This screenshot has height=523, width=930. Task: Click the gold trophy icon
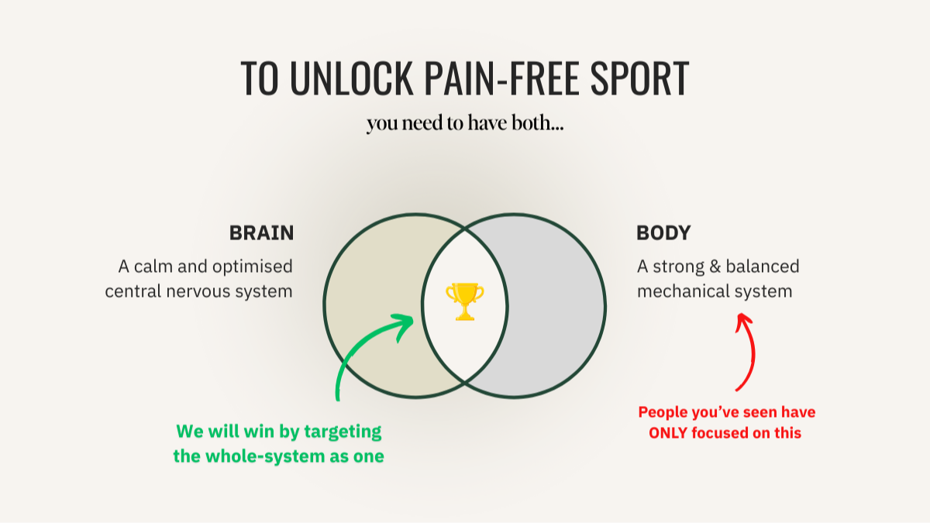coord(464,301)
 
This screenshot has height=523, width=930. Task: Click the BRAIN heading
coord(261,232)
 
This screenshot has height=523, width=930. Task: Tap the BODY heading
coord(663,232)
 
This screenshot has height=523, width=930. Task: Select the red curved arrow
coord(747,353)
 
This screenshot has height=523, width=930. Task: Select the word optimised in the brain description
coord(255,267)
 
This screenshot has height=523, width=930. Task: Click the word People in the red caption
coord(663,412)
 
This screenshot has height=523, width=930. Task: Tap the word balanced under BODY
coord(763,267)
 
